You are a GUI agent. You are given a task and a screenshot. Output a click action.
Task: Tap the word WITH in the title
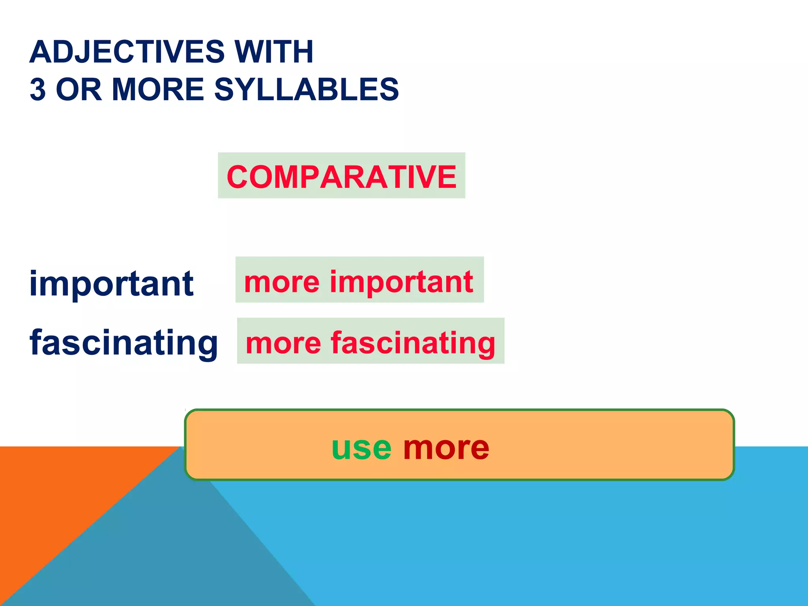[274, 52]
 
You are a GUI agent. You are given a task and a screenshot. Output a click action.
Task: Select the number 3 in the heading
[38, 90]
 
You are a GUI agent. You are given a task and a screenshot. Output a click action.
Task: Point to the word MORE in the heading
[158, 90]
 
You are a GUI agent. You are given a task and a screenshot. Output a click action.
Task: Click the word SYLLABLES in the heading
[306, 90]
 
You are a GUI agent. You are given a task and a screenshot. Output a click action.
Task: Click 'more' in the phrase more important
[282, 282]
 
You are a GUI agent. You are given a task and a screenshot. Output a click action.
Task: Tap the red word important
[401, 282]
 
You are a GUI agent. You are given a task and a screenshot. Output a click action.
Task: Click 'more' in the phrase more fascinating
[283, 342]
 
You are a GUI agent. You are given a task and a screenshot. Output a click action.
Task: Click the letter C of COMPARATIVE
[238, 177]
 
